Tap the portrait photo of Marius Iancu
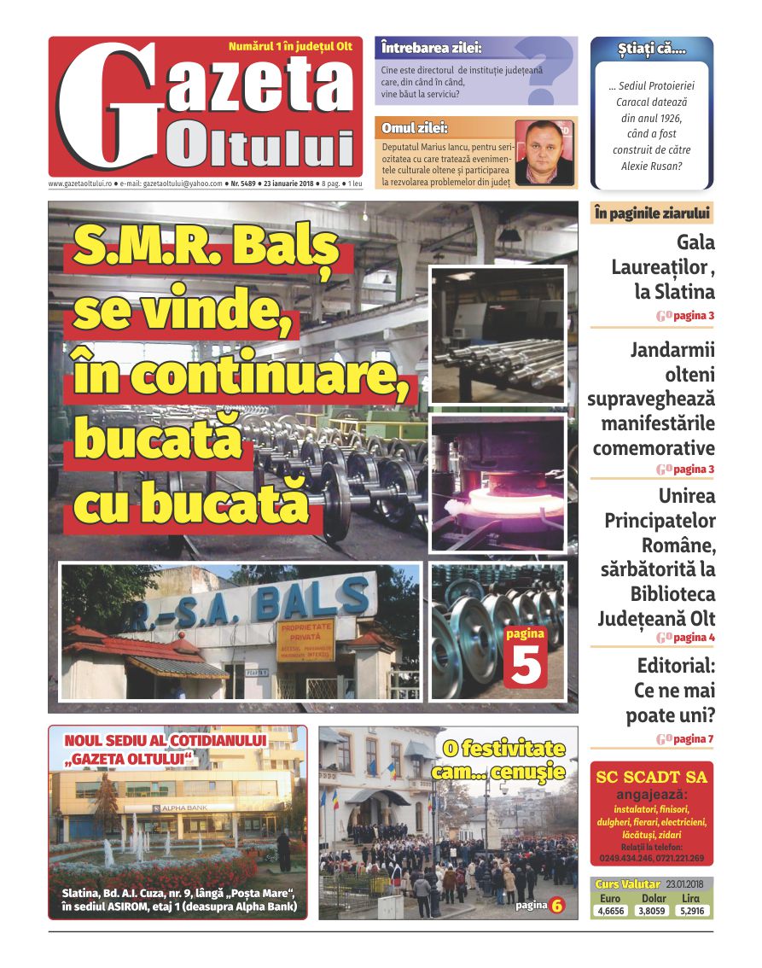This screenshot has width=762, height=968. click(x=544, y=152)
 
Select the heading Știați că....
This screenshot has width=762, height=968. click(x=651, y=50)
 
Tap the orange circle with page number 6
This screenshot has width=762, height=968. click(x=556, y=905)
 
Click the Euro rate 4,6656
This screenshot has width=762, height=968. click(x=610, y=911)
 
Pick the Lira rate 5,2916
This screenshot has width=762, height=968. click(x=692, y=911)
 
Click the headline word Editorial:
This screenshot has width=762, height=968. click(x=676, y=666)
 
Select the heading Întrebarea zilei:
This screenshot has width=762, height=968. click(x=432, y=48)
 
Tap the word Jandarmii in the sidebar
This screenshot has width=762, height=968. click(x=672, y=350)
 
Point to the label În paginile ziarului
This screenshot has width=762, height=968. click(x=651, y=213)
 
